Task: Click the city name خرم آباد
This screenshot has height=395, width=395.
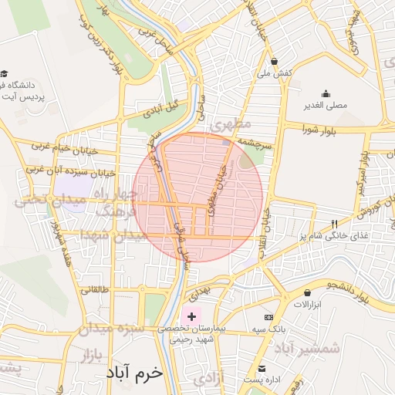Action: (x=135, y=372)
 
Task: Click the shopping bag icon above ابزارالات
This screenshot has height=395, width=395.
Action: (x=308, y=293)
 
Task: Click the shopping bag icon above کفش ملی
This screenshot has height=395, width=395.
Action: (x=275, y=61)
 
